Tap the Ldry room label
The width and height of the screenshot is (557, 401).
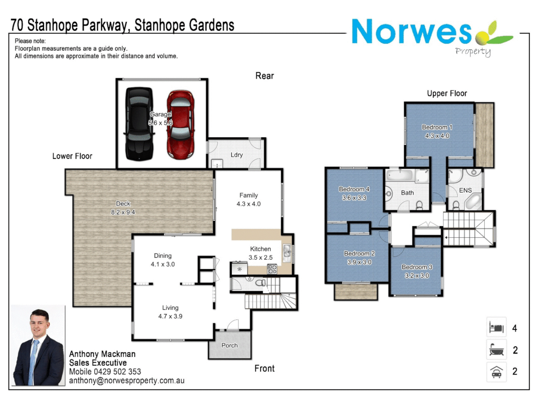click(237, 155)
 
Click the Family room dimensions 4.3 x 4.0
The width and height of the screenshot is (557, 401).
click(249, 204)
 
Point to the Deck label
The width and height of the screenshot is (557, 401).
click(123, 203)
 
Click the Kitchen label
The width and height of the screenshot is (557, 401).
click(260, 249)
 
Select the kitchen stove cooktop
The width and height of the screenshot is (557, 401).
click(272, 269)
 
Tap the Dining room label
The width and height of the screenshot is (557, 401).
click(163, 255)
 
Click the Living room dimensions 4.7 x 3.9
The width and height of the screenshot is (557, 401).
click(170, 316)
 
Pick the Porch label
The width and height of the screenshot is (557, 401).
click(230, 345)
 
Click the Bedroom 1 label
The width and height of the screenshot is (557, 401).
click(437, 127)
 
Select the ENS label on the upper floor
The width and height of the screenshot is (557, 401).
click(465, 190)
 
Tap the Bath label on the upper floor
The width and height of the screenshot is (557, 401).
click(407, 193)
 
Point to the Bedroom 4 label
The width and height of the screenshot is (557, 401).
click(354, 189)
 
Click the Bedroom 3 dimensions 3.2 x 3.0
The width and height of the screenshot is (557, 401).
click(417, 276)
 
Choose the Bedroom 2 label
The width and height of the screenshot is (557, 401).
click(359, 253)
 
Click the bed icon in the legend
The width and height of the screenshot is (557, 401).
click(496, 328)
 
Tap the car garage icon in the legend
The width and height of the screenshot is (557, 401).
click(496, 371)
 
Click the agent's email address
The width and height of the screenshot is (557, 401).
click(127, 381)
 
